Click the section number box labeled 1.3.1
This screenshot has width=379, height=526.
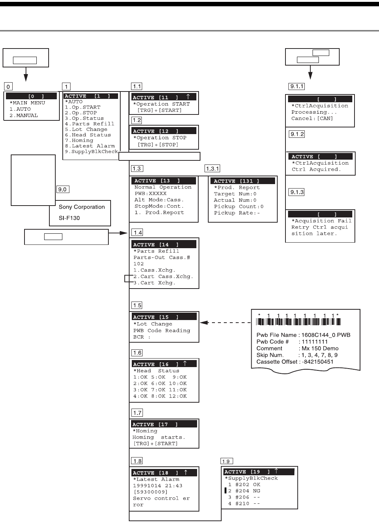[213, 169]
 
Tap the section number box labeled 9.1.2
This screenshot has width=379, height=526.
[297, 134]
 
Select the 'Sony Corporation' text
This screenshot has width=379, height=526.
[82, 207]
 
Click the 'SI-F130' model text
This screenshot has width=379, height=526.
[69, 218]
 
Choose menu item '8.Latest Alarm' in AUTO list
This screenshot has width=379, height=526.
[90, 146]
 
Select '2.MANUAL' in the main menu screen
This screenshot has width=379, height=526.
[24, 115]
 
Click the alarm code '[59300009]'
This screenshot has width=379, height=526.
[150, 492]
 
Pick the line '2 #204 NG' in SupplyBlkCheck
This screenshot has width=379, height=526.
[244, 491]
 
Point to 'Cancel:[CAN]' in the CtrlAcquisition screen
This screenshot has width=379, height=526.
[312, 119]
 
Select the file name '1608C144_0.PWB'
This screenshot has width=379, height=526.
[326, 335]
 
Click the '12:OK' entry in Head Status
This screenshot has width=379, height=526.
[178, 396]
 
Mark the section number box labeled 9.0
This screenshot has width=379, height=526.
[62, 189]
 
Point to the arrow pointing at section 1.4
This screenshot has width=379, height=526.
[119, 233]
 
